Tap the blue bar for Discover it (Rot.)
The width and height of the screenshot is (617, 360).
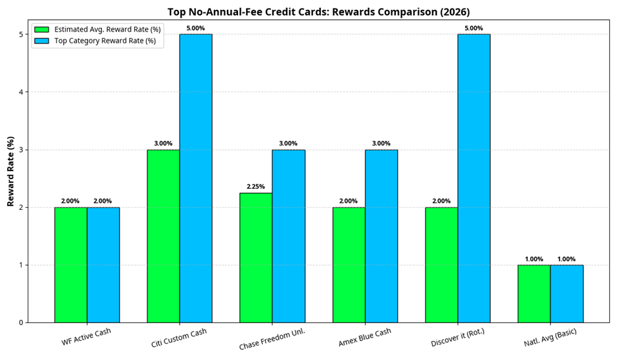pos(474,178)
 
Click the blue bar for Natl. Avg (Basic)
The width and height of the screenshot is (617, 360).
pos(566,294)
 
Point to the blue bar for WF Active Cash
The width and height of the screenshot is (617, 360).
pos(103,265)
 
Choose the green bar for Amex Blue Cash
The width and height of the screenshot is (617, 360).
pos(349,265)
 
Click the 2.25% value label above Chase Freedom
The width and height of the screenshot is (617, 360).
pos(256,187)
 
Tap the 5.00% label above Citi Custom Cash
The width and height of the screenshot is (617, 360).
pos(196,28)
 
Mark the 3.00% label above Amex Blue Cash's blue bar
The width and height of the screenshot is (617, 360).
pos(381,143)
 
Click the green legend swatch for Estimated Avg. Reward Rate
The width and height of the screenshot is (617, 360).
pos(42,29)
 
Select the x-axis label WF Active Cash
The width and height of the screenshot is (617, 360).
pos(86,336)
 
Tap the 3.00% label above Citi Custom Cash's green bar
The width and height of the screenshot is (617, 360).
pos(163,143)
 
